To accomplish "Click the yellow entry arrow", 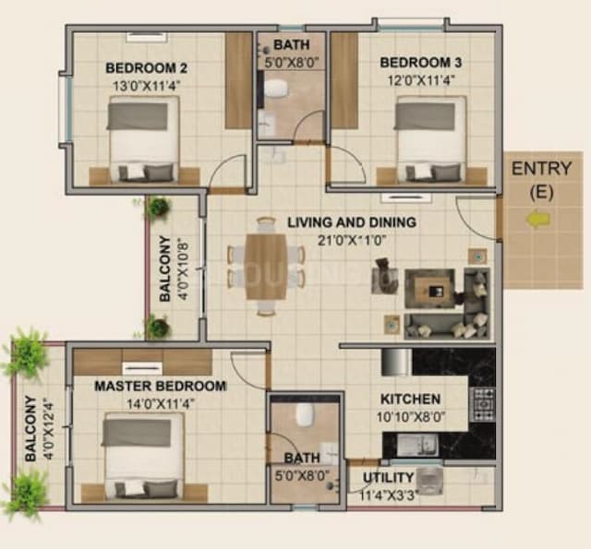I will (538, 220).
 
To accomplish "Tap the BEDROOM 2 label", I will (147, 66).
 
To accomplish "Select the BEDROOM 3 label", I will (421, 63).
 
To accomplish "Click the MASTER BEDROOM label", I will (160, 386).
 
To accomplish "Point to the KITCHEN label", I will (411, 399).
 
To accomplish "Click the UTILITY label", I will (382, 479).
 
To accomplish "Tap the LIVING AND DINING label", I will (351, 222).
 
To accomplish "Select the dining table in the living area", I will (266, 266).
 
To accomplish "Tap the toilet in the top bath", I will (276, 89).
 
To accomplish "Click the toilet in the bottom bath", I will (306, 415).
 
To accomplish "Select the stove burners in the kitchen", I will (482, 403).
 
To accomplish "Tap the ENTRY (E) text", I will (541, 179).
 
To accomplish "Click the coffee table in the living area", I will (430, 287).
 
